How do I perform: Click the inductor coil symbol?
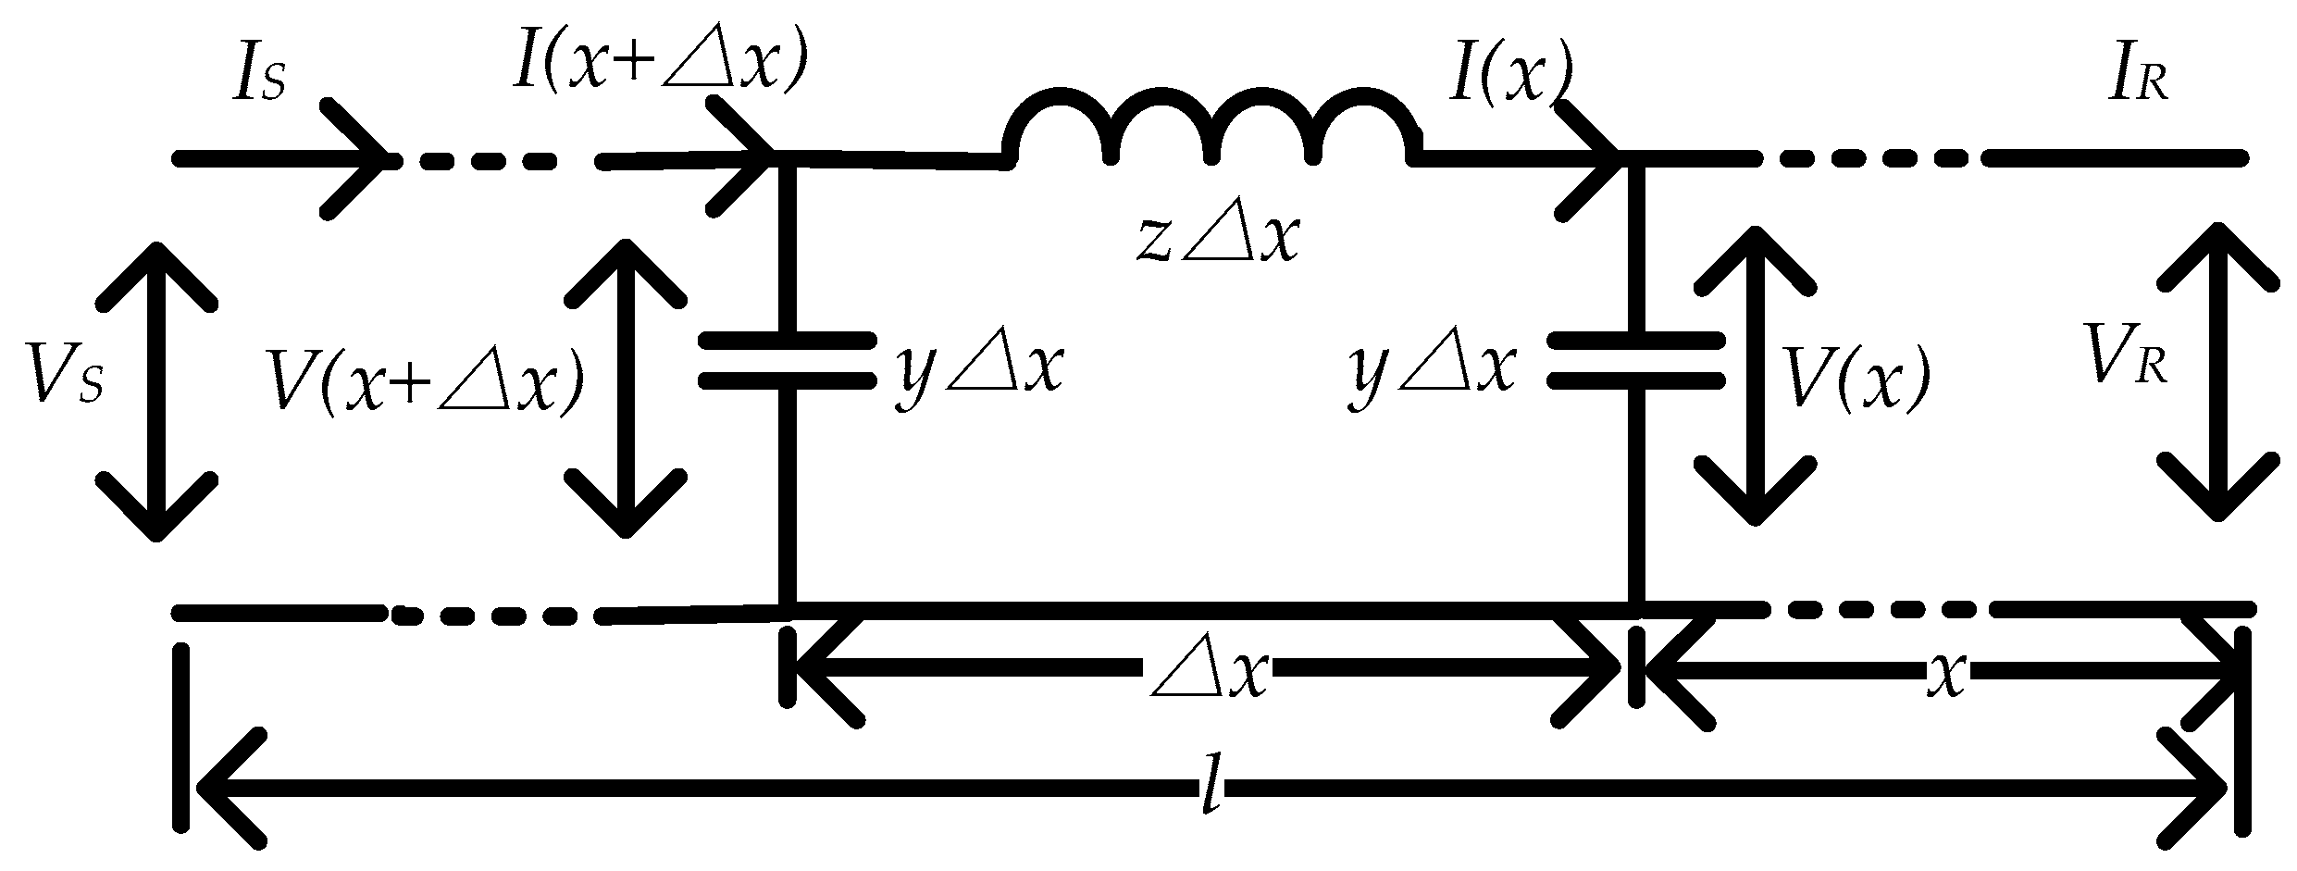[1211, 130]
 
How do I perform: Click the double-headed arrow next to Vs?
[157, 389]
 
